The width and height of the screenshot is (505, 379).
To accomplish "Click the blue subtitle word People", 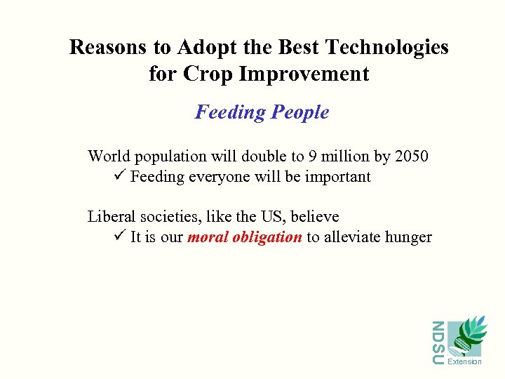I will [300, 112].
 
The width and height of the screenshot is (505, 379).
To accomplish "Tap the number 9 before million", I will [316, 156].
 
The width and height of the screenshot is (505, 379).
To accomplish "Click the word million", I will [349, 156].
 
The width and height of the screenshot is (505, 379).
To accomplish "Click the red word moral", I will [207, 237].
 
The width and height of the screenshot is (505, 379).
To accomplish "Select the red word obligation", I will [267, 237].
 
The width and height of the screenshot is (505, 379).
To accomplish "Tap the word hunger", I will [409, 237].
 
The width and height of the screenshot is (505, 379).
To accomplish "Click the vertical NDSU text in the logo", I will [438, 343].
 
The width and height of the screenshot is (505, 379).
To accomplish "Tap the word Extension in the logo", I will [464, 362].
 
